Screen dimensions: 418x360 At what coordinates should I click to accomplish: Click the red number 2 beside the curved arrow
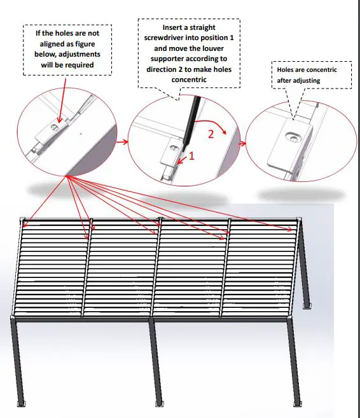coord(211,134)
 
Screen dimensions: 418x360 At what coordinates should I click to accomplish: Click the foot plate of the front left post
coord(23,403)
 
